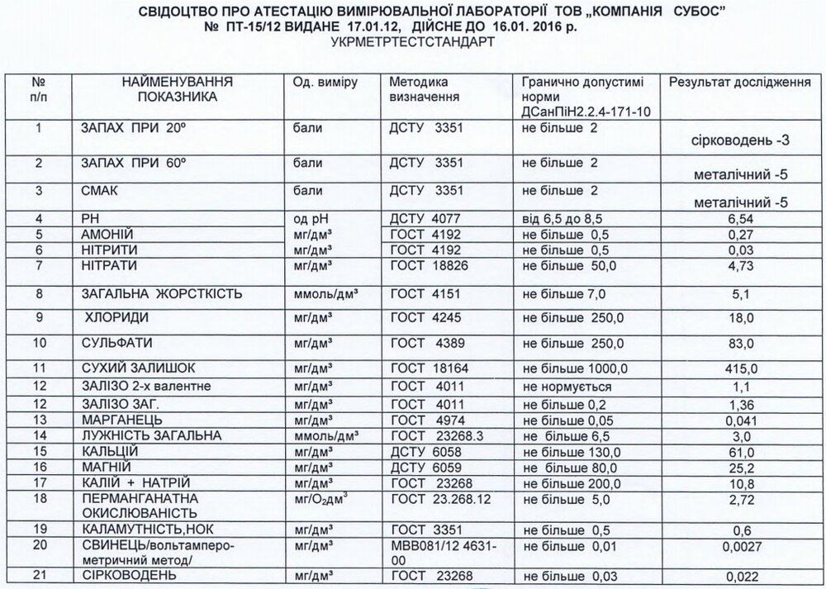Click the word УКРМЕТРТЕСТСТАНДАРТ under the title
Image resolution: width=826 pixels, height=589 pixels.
pyautogui.click(x=412, y=40)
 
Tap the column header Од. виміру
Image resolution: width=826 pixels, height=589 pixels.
pyautogui.click(x=324, y=83)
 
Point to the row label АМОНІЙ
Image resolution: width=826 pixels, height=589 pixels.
pyautogui.click(x=106, y=235)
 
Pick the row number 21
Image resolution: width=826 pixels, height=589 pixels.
pyautogui.click(x=36, y=575)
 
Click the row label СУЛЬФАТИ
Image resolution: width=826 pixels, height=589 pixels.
pyautogui.click(x=119, y=342)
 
